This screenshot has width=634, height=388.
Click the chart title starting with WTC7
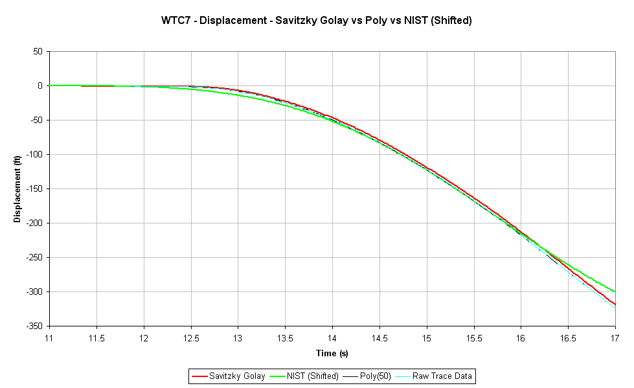point(317,20)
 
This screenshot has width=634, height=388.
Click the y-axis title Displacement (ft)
point(17,188)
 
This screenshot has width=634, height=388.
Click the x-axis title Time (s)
point(332,353)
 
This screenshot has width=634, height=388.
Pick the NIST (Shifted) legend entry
point(306,376)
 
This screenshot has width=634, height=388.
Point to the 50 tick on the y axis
point(37,51)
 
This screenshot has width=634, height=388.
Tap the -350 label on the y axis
point(33,326)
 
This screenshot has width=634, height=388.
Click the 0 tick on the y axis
point(40,86)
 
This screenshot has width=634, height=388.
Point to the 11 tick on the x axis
point(49,337)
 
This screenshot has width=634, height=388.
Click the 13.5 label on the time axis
point(285,337)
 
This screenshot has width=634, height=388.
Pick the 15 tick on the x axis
point(427,337)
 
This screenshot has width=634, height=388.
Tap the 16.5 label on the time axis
point(568,337)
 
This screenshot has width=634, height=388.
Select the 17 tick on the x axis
point(615,337)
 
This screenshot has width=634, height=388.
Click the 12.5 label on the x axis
point(190,337)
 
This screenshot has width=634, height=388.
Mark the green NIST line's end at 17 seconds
point(615,291)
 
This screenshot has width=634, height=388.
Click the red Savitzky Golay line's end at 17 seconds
point(615,304)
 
